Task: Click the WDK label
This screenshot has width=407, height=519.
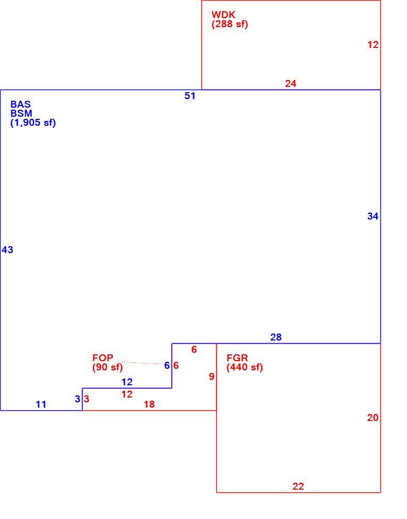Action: [223, 14]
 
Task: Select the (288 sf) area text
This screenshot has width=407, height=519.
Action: [230, 24]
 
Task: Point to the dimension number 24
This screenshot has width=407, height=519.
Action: [290, 84]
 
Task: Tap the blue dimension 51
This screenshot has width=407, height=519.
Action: [190, 96]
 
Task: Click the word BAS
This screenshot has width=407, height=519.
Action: [21, 104]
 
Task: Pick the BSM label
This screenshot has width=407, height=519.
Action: [21, 113]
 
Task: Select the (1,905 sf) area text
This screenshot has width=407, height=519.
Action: [33, 123]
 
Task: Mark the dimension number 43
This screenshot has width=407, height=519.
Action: [7, 250]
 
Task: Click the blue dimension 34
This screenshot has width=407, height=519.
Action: [372, 216]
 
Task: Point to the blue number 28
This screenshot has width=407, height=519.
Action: [276, 337]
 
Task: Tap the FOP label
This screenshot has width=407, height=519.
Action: [103, 358]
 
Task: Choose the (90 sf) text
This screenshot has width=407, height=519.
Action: [108, 368]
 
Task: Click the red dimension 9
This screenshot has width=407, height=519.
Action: [211, 377]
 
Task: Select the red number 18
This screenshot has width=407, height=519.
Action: [149, 404]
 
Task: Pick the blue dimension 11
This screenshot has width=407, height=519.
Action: [41, 404]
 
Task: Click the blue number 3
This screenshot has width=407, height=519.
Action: [77, 399]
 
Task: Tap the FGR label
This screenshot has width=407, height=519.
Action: [237, 358]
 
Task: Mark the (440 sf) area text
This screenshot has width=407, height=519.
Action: [245, 368]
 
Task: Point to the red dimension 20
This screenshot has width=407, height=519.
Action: [372, 418]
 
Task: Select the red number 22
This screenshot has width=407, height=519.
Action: [298, 486]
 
